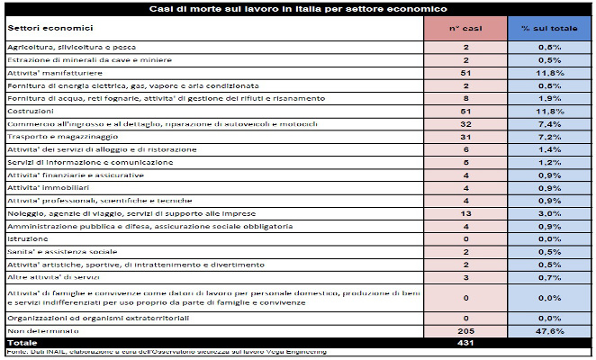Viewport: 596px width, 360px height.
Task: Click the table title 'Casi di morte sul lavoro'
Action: pyautogui.click(x=297, y=8)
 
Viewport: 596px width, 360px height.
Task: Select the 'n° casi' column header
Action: pyautogui.click(x=466, y=28)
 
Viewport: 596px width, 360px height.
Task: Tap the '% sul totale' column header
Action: pyautogui.click(x=549, y=28)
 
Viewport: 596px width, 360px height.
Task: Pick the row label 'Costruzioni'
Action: pyautogui.click(x=28, y=110)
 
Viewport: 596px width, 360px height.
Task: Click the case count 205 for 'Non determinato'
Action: pyautogui.click(x=466, y=331)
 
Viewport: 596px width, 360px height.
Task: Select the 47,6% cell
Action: pyautogui.click(x=549, y=331)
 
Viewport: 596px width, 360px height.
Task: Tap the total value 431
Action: pyautogui.click(x=466, y=343)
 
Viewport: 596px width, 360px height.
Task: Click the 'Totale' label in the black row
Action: pyautogui.click(x=20, y=343)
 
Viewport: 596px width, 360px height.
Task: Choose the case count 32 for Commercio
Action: pyautogui.click(x=466, y=122)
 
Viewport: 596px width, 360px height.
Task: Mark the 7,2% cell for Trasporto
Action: pyautogui.click(x=549, y=135)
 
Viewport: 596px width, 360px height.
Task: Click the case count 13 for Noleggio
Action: pyautogui.click(x=466, y=212)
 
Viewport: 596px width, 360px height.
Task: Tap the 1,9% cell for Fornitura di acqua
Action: pyautogui.click(x=549, y=96)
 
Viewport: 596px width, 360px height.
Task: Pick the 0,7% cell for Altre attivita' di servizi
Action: pyautogui.click(x=549, y=277)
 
